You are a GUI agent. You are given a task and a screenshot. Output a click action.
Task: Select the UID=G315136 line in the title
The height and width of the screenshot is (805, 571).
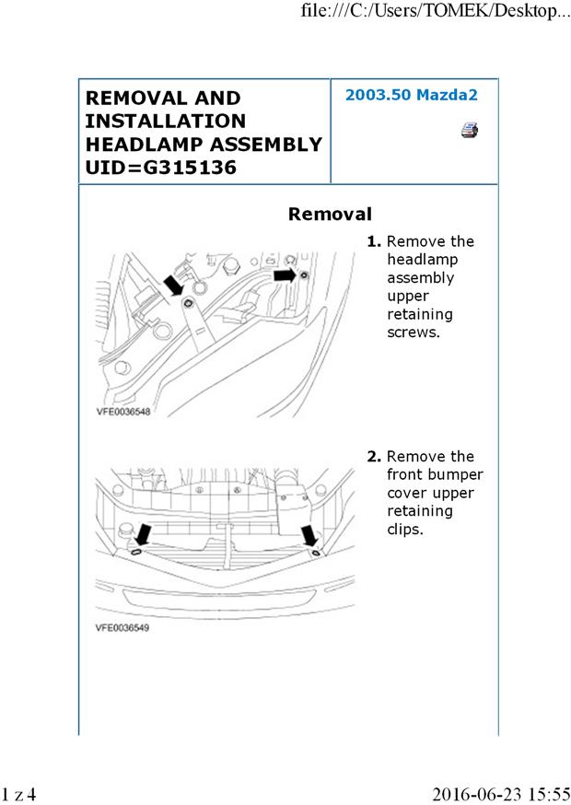coord(161,168)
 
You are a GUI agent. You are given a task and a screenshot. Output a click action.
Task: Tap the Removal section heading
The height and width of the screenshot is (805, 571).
coord(330,215)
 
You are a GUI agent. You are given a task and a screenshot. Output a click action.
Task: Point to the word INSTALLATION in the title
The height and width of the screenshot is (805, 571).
coord(166,121)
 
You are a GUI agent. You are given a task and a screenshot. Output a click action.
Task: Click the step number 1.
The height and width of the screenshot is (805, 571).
coord(374,241)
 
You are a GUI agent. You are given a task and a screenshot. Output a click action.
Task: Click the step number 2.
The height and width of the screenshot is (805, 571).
coord(374,457)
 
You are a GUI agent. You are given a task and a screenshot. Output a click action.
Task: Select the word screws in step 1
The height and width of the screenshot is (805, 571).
coord(414,332)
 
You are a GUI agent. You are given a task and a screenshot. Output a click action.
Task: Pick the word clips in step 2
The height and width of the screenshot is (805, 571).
coord(406,530)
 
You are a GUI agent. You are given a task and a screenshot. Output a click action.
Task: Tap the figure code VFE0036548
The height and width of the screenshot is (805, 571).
coord(122,413)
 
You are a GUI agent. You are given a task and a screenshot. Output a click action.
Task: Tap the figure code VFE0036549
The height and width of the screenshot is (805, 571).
coord(122,628)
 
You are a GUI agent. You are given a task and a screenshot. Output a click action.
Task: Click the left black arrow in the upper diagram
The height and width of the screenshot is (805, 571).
coord(173,285)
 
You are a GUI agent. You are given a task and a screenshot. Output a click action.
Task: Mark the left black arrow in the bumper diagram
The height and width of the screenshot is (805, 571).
coord(144,534)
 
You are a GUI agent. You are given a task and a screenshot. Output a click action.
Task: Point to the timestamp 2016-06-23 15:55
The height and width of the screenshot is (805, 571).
coord(501,793)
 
